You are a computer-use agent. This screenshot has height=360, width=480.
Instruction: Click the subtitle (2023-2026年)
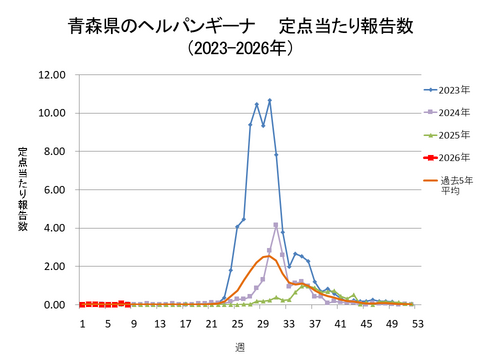tap(240, 46)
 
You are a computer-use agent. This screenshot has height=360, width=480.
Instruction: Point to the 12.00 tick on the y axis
tap(52, 75)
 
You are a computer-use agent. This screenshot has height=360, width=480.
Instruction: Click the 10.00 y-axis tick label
tap(52, 113)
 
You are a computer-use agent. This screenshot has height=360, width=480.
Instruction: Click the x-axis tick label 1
tap(83, 324)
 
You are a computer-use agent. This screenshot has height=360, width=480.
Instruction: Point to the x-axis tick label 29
tap(263, 324)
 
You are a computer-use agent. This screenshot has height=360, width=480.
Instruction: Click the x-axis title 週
tap(240, 346)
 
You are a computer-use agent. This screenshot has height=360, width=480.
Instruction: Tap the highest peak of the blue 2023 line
tap(269, 100)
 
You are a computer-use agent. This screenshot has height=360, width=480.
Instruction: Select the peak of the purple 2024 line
tap(276, 225)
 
